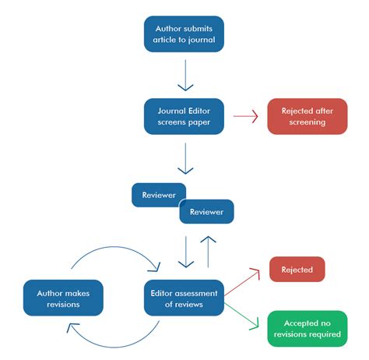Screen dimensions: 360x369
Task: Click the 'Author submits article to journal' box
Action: point(184,34)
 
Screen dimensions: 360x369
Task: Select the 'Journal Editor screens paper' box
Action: point(184,115)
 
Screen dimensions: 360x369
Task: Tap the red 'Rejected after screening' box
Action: point(307,115)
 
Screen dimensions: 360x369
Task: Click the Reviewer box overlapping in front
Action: point(206,211)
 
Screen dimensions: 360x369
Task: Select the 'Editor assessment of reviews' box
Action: point(184,298)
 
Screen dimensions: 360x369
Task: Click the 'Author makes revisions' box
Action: point(63,298)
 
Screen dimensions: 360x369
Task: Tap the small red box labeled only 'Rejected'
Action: point(297,269)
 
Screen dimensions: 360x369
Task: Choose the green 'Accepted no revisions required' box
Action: point(307,328)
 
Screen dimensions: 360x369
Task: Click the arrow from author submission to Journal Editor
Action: point(184,75)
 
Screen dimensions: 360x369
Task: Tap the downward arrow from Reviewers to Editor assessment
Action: point(184,251)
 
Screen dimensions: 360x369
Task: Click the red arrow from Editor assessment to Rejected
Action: point(243,282)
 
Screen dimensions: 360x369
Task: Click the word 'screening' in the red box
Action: point(307,122)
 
